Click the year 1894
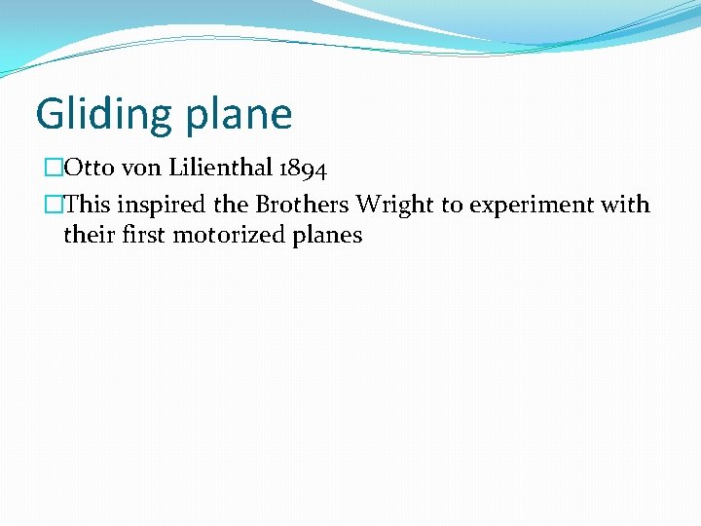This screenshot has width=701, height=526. [302, 169]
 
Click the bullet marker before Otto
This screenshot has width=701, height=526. [53, 169]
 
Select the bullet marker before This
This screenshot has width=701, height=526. [53, 205]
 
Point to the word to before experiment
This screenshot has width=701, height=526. [452, 206]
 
